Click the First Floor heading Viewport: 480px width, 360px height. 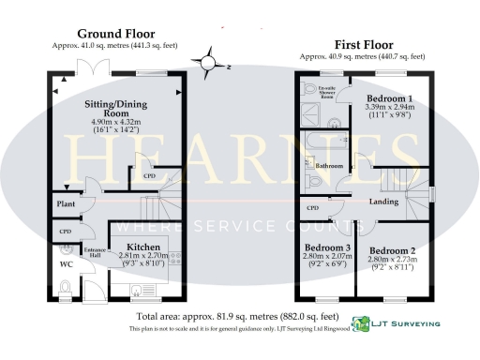[x=365, y=45]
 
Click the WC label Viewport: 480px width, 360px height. [x=66, y=264]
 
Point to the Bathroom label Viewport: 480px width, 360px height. [x=329, y=165]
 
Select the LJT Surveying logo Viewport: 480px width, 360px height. [x=395, y=324]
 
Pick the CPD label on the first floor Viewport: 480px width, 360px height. [x=313, y=207]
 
